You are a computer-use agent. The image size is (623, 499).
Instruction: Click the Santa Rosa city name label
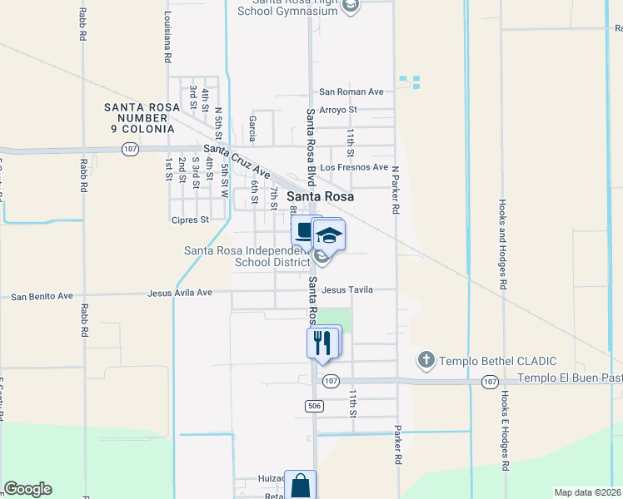[x=320, y=197]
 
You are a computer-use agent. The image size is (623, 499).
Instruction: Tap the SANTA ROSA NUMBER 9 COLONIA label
[x=139, y=118]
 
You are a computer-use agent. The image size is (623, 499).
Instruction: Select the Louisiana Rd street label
[x=167, y=38]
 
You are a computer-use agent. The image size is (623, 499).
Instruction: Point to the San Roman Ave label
[x=351, y=92]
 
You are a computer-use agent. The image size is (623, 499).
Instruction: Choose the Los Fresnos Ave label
[x=355, y=167]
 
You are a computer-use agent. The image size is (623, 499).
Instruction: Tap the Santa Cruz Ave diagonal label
[x=237, y=161]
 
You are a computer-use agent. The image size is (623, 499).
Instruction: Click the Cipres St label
[x=191, y=220]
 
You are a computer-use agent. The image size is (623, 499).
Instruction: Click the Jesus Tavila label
[x=346, y=289]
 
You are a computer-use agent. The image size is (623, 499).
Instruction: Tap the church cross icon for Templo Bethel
[x=426, y=360]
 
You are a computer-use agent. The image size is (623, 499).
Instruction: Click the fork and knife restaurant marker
[x=322, y=341]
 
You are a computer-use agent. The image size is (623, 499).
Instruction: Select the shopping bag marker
[x=300, y=486]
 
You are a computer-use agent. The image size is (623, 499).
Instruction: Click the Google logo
[x=27, y=489]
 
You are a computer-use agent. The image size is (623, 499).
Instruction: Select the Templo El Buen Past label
[x=570, y=378]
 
